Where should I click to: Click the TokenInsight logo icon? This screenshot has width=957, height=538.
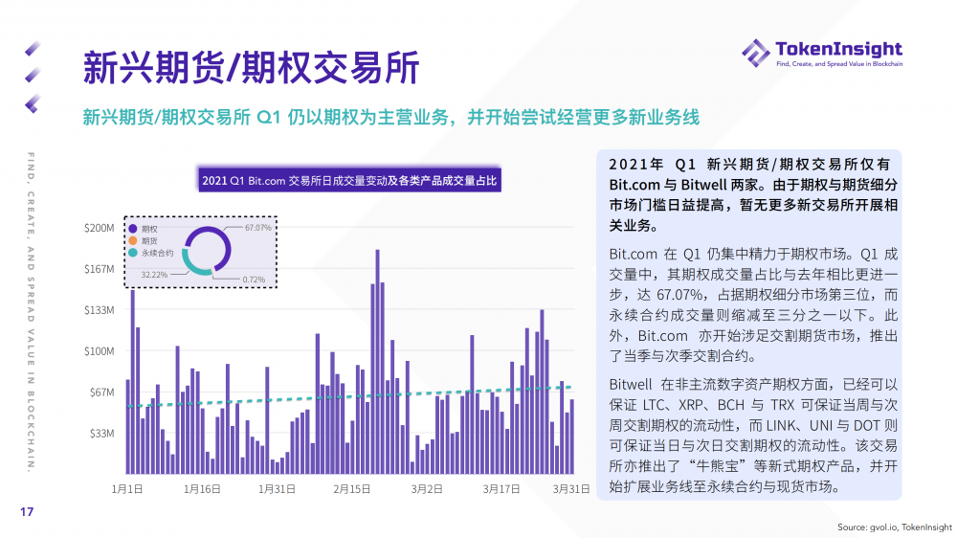(755, 54)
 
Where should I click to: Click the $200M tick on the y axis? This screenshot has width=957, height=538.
(100, 228)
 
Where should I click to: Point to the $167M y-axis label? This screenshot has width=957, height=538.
(100, 269)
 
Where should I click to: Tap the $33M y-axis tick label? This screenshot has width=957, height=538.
(102, 434)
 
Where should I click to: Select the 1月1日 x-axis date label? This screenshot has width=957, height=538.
(127, 488)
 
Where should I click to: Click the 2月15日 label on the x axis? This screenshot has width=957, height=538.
(352, 488)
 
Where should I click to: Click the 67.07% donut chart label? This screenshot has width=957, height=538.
(257, 228)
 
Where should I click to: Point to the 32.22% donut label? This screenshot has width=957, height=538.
(155, 274)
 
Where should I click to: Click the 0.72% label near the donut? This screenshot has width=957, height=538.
(254, 279)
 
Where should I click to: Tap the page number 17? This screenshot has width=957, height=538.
(27, 513)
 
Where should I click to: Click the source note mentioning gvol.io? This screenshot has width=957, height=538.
(895, 527)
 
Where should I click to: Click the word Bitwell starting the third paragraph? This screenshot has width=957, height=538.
(634, 383)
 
